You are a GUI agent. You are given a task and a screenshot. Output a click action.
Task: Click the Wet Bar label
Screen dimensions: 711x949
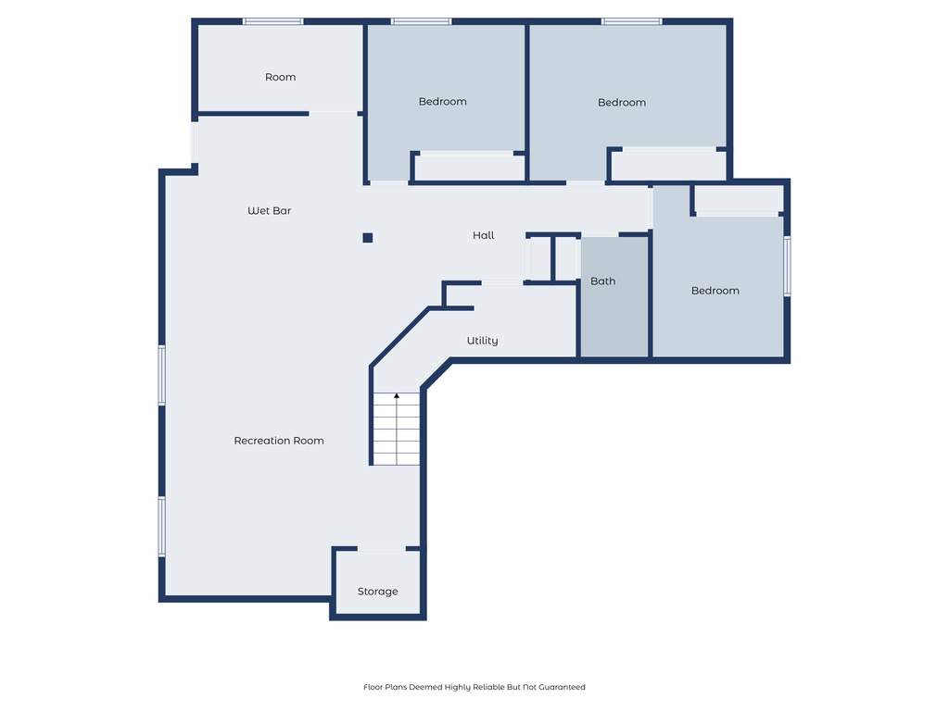[269, 211]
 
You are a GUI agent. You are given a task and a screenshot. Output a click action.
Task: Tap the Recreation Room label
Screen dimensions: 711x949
[279, 441]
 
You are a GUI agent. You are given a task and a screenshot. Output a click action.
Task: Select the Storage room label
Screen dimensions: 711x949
[378, 592]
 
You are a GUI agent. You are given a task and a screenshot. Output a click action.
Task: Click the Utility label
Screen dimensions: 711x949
[482, 341]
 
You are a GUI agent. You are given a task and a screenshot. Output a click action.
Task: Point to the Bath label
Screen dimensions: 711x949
[602, 281]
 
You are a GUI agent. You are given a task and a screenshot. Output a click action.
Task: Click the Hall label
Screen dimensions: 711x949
[483, 236]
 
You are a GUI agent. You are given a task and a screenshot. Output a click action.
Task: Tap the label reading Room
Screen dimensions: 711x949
[280, 77]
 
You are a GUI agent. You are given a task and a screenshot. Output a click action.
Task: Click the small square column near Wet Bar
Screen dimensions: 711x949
[368, 238]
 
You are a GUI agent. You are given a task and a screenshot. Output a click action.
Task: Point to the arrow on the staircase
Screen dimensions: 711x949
[397, 397]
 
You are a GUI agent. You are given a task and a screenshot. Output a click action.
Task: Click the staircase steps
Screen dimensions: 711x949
[397, 435]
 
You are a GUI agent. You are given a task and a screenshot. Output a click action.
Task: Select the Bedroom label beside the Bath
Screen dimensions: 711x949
[715, 291]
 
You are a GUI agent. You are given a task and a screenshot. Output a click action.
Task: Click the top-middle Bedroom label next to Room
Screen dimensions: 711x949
[442, 102]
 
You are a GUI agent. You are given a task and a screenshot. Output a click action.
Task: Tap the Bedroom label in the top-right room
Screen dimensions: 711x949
[621, 103]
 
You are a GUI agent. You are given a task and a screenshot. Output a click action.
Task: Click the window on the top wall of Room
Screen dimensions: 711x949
[272, 21]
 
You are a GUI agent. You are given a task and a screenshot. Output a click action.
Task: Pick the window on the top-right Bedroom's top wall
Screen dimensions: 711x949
[631, 21]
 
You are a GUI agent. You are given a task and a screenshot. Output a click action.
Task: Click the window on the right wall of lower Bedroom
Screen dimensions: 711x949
[787, 266]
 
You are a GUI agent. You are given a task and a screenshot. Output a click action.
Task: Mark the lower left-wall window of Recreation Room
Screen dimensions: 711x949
[161, 526]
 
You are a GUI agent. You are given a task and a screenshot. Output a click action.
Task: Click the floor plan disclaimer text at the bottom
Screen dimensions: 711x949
[474, 687]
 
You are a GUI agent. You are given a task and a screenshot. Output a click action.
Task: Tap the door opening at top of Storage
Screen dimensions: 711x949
[380, 550]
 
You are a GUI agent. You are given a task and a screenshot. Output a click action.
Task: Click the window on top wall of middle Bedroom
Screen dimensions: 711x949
[421, 21]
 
